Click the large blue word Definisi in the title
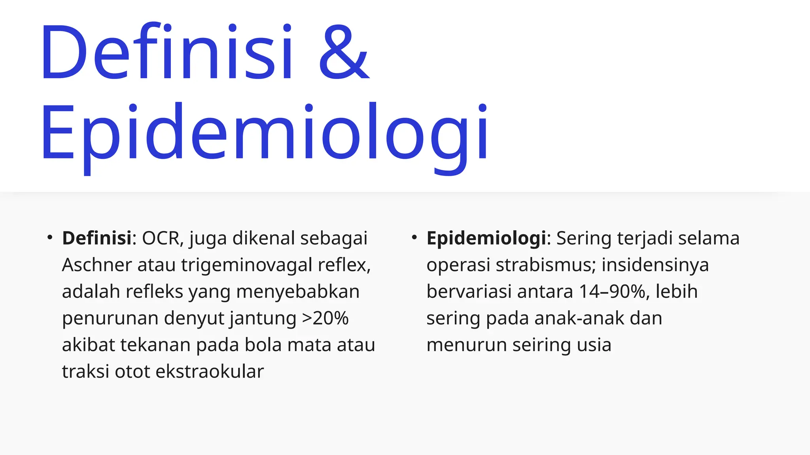[x=166, y=52]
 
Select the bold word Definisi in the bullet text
[x=97, y=238]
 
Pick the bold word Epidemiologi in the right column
[x=486, y=238]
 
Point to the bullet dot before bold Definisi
[x=50, y=238]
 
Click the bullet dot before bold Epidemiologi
[x=414, y=238]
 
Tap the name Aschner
[x=97, y=265]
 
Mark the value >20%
[x=325, y=318]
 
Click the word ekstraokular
[x=210, y=371]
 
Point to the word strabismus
[x=545, y=265]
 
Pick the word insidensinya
[x=655, y=265]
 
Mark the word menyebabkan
[x=298, y=291]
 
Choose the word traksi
[x=85, y=371]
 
